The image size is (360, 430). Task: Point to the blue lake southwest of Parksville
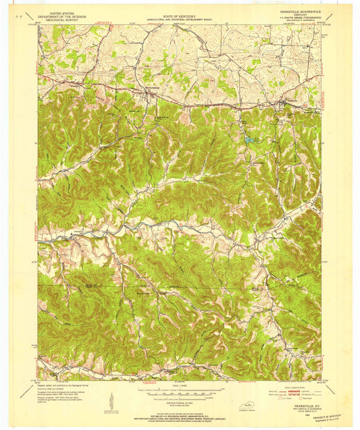(250, 140)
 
